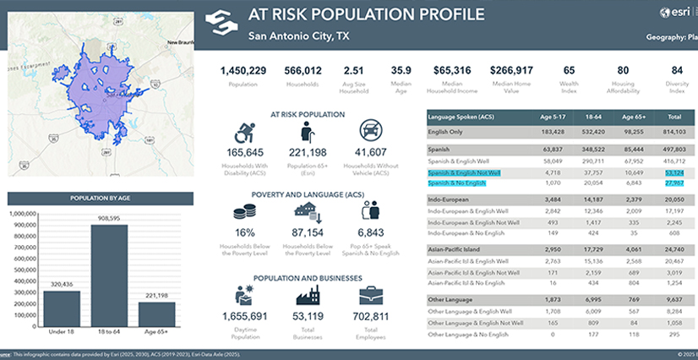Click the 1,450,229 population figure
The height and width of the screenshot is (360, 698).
[243, 71]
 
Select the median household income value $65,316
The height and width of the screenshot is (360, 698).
[452, 71]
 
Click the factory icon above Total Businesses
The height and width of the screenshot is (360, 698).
[308, 295]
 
